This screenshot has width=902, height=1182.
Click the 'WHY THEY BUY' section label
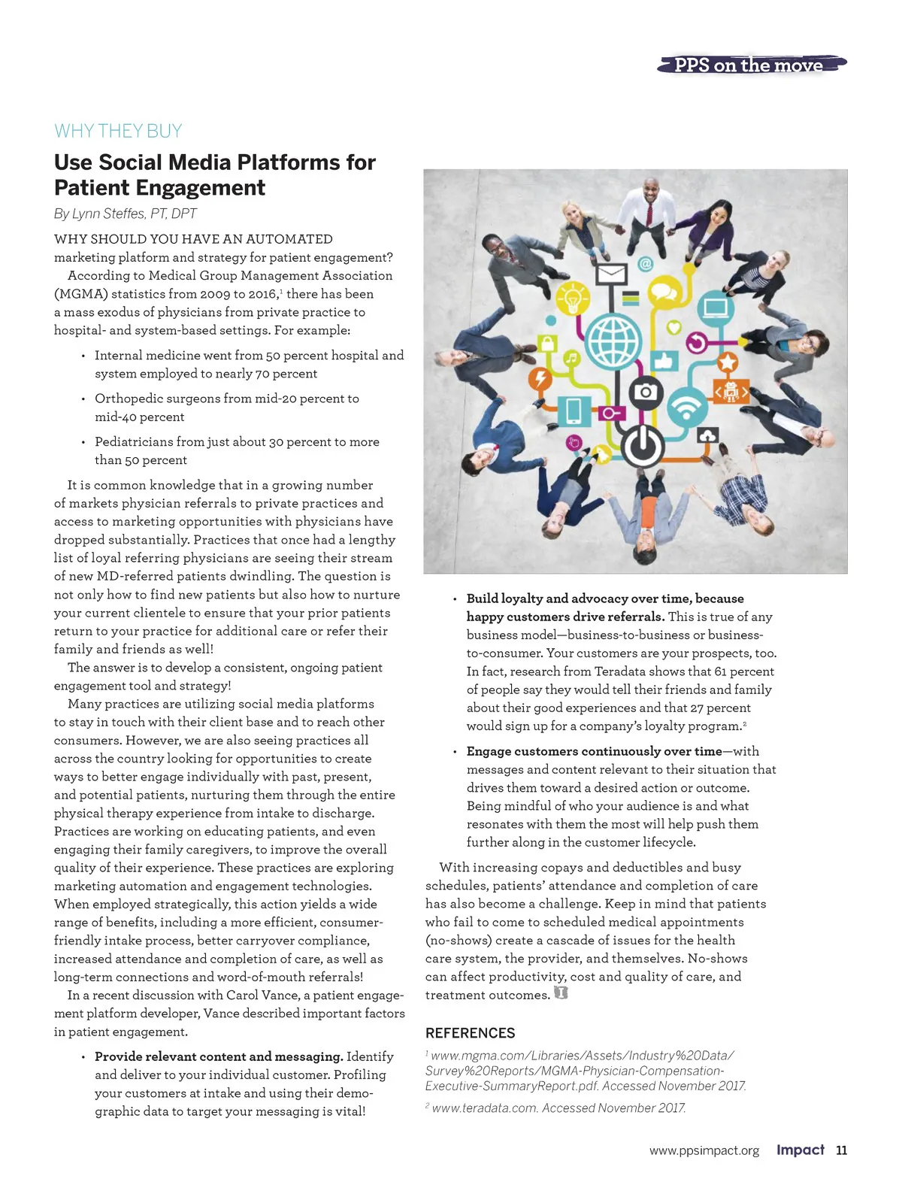[x=118, y=131]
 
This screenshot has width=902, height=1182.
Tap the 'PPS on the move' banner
[x=749, y=65]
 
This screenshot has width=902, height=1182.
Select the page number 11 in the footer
[x=841, y=1150]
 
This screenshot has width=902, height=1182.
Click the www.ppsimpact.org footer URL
[x=704, y=1150]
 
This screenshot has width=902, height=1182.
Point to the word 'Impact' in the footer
[x=800, y=1150]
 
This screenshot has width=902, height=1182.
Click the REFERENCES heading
[x=471, y=1033]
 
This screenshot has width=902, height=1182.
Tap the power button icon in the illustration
[x=642, y=446]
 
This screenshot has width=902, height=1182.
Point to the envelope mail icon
[x=611, y=274]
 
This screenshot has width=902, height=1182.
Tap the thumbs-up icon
[x=664, y=360]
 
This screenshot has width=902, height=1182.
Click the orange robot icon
[x=731, y=391]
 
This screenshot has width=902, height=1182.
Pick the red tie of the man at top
[x=649, y=212]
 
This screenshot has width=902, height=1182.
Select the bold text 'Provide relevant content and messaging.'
[x=219, y=1056]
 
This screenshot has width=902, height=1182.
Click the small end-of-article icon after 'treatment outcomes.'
[x=560, y=993]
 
